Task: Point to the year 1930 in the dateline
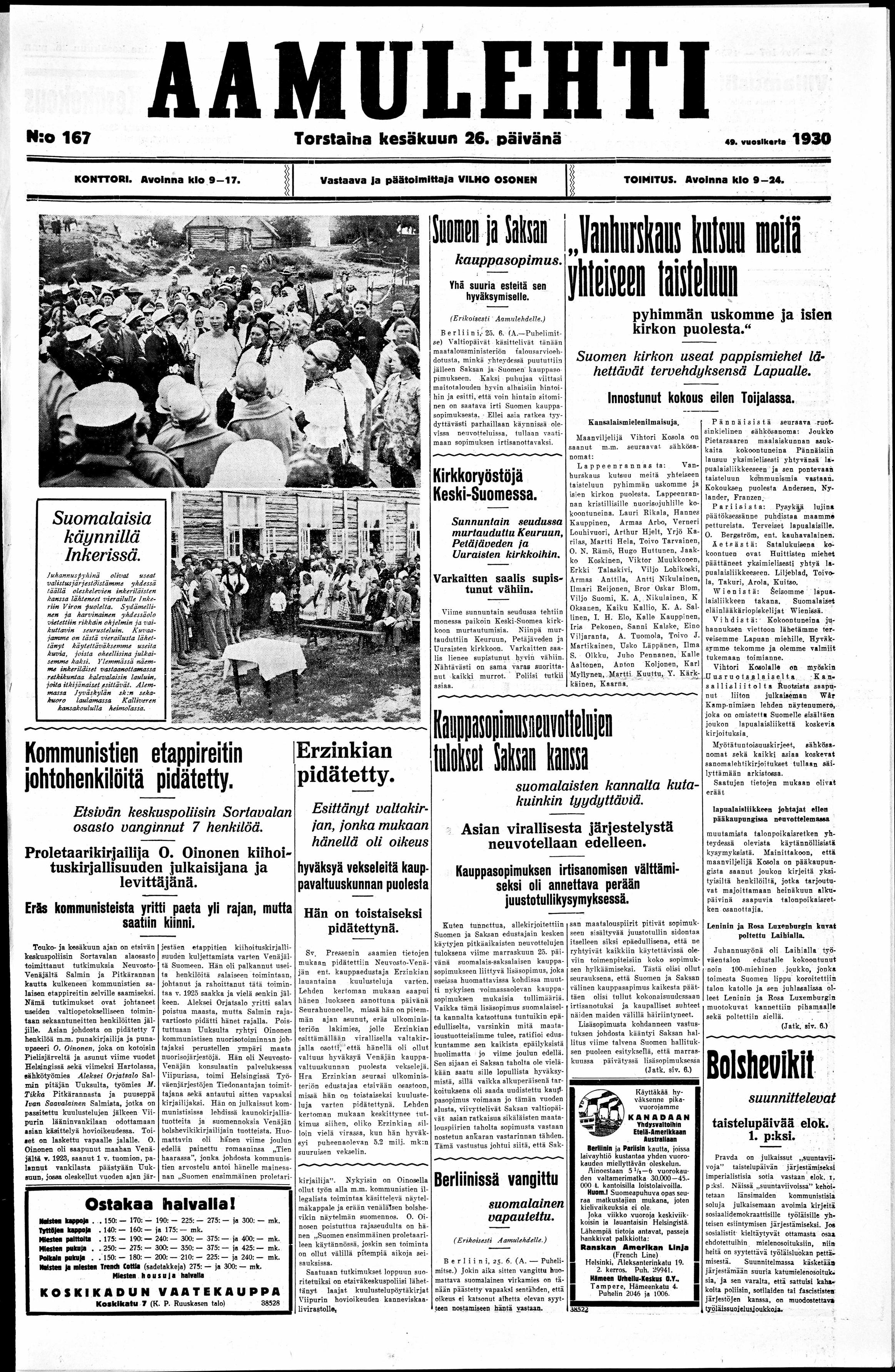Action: coord(811,138)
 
